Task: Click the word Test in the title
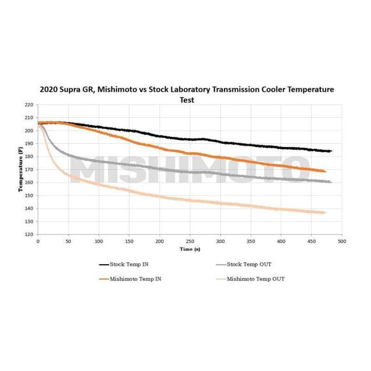point(185,100)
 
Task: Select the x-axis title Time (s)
point(191,248)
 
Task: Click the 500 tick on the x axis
point(342,241)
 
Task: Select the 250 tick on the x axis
point(190,241)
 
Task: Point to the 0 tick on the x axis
point(38,241)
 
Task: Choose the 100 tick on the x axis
point(99,241)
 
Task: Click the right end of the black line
point(331,151)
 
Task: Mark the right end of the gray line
point(331,182)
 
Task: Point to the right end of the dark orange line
point(326,171)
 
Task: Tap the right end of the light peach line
point(326,212)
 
